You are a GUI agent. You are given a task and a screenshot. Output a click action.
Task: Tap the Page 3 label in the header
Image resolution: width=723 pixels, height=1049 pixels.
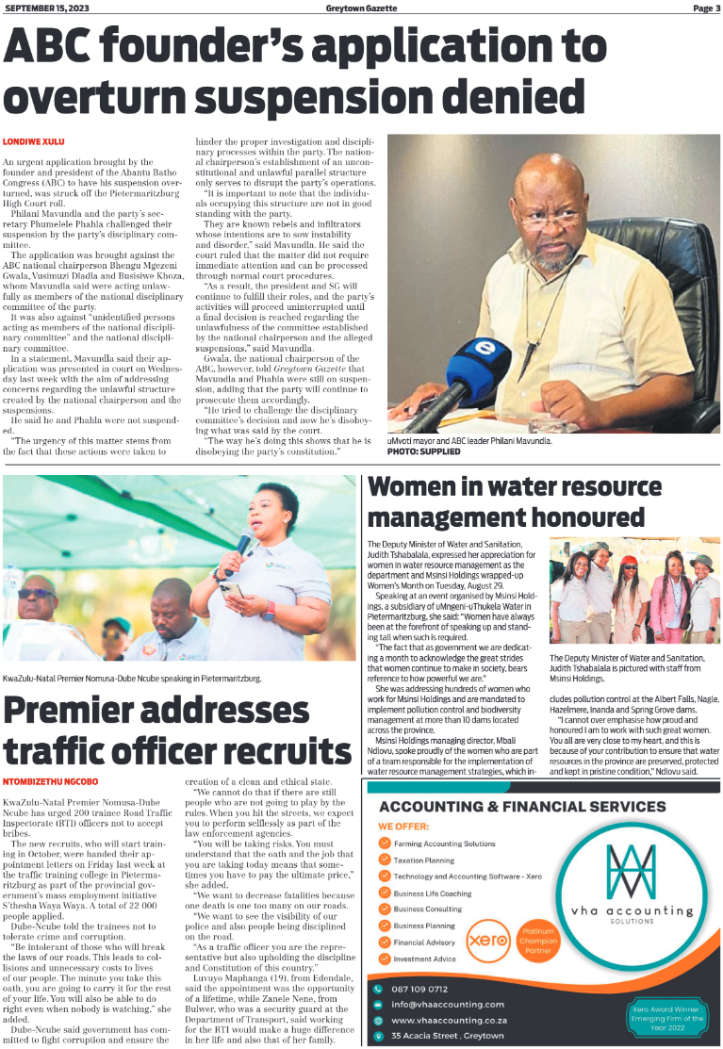pos(705,8)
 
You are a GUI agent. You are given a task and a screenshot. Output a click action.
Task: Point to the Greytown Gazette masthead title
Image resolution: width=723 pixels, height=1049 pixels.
pos(361,8)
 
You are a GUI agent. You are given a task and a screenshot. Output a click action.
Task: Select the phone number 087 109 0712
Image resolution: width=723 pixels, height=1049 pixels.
pos(421,989)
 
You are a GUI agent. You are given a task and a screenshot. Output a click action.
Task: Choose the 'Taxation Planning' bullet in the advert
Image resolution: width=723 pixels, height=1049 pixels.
pos(423,860)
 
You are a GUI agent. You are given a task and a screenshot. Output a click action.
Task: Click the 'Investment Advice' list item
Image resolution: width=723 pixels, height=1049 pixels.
pos(424,959)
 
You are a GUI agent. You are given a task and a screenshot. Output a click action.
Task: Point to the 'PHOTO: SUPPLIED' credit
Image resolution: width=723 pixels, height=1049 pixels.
pos(424,452)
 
